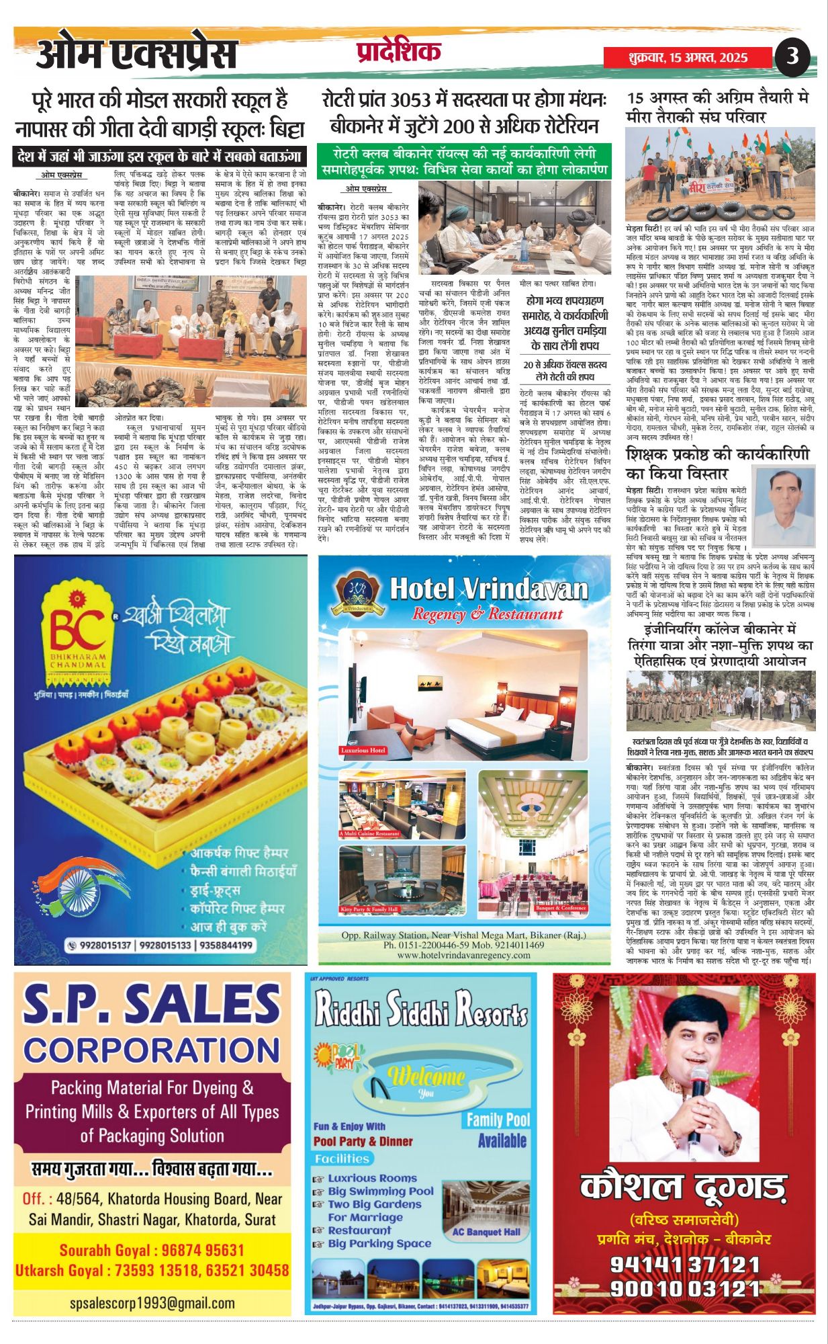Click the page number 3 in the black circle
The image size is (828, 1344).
(792, 56)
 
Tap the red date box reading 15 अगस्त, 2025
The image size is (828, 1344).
(688, 58)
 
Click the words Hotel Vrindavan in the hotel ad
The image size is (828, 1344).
(488, 589)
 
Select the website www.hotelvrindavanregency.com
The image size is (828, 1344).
(464, 955)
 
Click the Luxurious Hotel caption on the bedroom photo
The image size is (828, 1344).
(364, 750)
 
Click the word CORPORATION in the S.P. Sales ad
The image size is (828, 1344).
(152, 1050)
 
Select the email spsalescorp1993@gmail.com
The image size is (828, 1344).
(152, 1303)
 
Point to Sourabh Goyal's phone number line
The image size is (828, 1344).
(152, 1250)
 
